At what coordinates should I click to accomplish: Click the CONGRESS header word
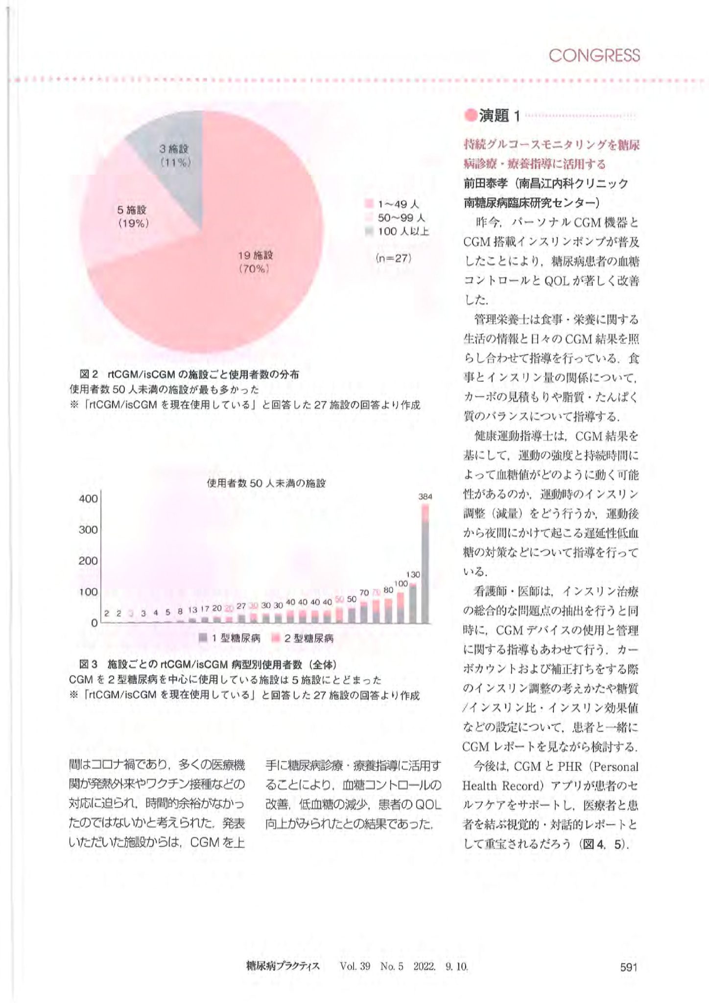coord(594,56)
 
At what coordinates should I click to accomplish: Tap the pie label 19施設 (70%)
coord(255,262)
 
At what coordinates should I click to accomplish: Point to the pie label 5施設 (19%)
coord(133,216)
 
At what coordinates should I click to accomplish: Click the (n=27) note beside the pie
coord(393,258)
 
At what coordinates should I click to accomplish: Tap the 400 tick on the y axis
coord(88,499)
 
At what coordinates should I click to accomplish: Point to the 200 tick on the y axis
coord(88,561)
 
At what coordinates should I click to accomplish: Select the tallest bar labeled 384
coord(425,563)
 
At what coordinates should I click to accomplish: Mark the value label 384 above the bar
coord(425,497)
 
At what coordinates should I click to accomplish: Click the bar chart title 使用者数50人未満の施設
coord(266,483)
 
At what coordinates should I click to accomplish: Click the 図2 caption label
coord(89,375)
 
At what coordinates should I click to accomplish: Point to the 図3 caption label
coord(89,665)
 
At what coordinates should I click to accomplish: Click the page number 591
coord(629,966)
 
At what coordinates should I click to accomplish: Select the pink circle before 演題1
coord(471,116)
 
